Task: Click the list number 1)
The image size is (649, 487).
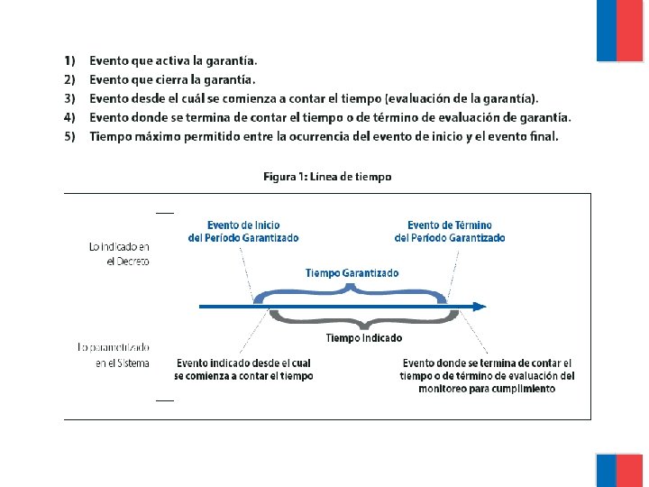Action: coord(69,61)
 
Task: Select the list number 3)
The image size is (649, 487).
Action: coord(69,98)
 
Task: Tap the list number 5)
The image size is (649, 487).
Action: coord(69,137)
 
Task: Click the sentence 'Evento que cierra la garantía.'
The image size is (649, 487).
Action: coord(178,80)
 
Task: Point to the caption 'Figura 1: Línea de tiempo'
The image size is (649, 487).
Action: coord(327,177)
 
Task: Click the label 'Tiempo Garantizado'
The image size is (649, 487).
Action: coord(352,272)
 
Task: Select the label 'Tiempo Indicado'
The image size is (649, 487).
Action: coord(363,338)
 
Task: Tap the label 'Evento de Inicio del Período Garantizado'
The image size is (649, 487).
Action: coord(243,232)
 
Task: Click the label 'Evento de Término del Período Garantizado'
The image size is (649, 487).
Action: coord(450,232)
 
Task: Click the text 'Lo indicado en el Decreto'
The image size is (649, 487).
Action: coord(119,253)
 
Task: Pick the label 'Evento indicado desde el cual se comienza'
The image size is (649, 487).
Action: coord(243,370)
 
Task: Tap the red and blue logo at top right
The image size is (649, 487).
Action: coord(619,30)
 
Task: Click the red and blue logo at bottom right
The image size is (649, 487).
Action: coord(619,470)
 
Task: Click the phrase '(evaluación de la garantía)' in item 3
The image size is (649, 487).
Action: coord(462,98)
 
